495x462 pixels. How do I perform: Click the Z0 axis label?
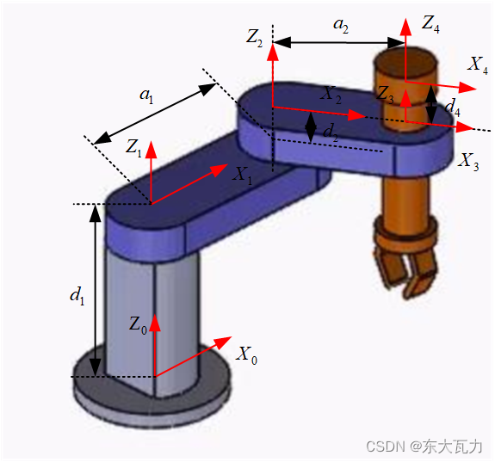point(138,325)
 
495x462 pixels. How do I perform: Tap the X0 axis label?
point(246,355)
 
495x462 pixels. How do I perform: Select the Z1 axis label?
point(133,148)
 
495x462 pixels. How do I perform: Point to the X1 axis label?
point(242,176)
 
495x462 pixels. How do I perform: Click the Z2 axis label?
point(254,38)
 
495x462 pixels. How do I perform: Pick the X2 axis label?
point(331,95)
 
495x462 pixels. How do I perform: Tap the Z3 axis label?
point(386,95)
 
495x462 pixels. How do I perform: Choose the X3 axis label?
point(468,162)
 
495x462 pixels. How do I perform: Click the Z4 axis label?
point(430,24)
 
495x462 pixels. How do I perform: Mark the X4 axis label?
point(478,65)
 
